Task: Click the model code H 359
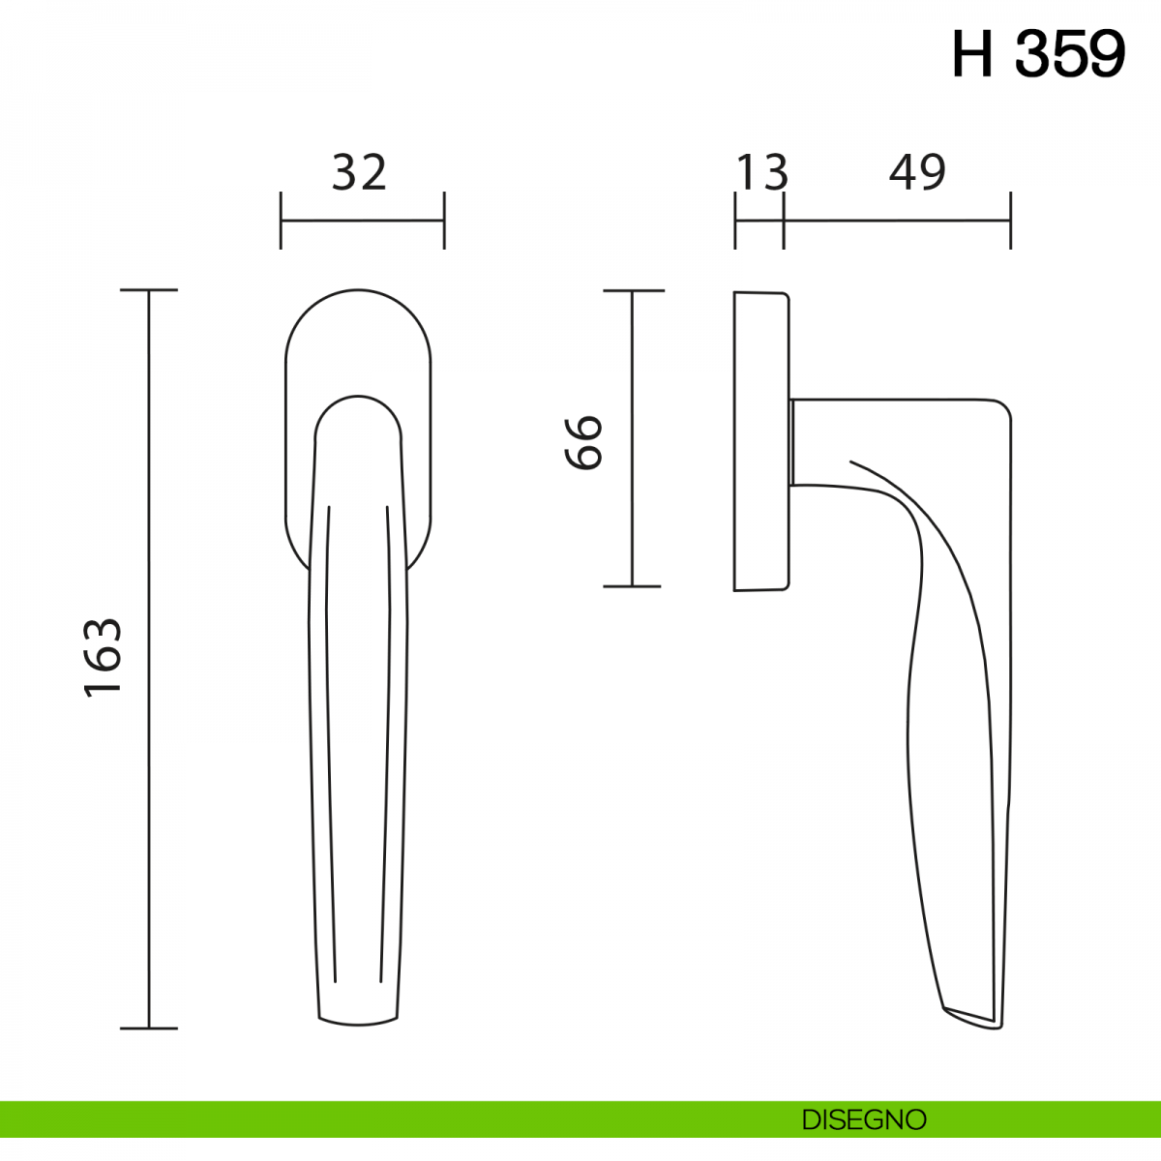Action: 1038,54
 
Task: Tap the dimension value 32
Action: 359,173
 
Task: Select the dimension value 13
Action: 761,173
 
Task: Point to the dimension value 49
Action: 917,173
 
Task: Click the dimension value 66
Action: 583,443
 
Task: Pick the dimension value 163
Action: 103,657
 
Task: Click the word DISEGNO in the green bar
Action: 864,1119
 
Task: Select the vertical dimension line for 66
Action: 632,438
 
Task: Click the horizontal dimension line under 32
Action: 363,221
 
